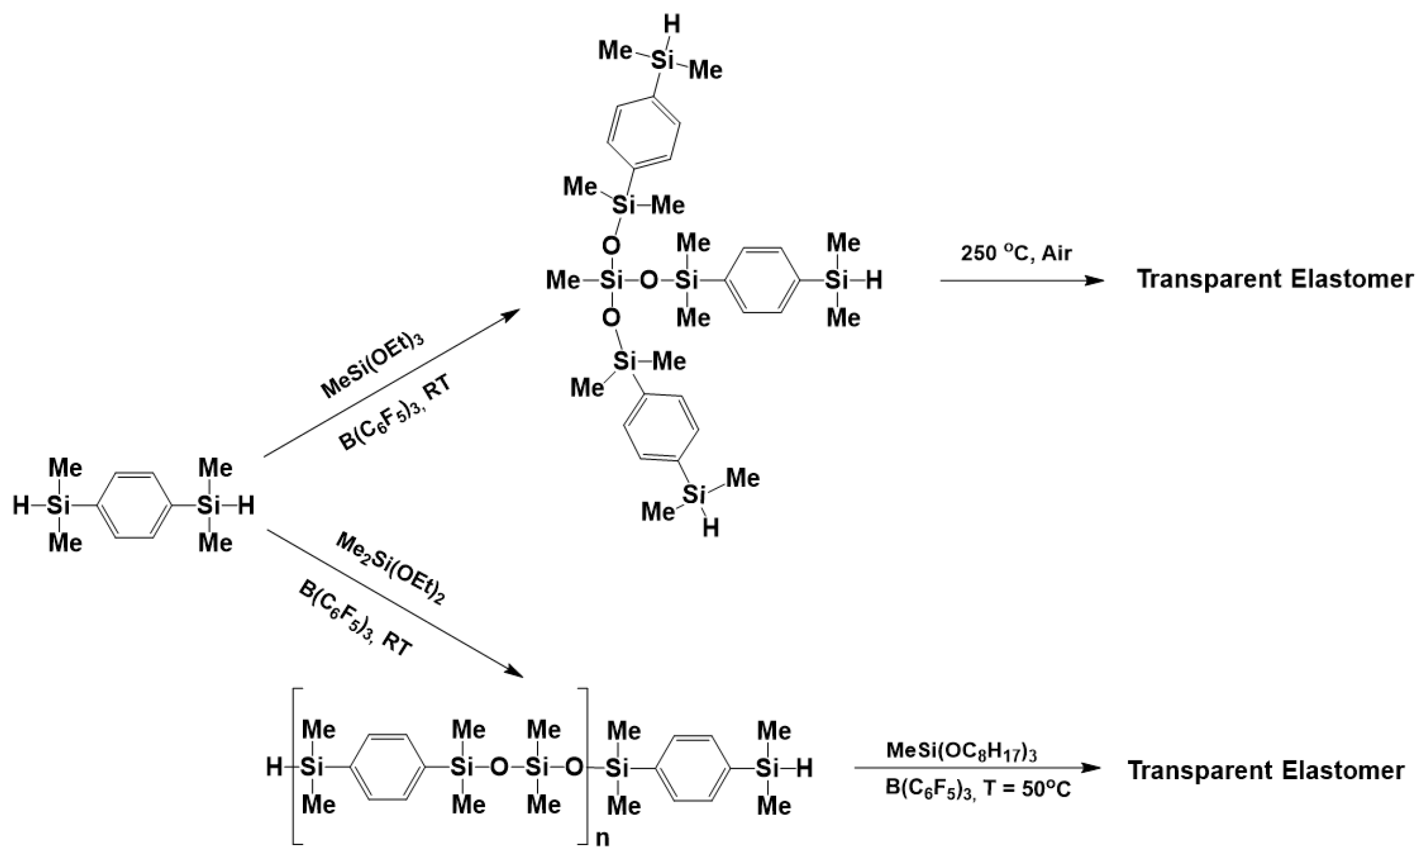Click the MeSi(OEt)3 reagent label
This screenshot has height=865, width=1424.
pyautogui.click(x=372, y=365)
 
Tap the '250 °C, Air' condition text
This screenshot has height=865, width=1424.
pyautogui.click(x=1016, y=253)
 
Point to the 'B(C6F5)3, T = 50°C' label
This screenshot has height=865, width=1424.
pyautogui.click(x=978, y=789)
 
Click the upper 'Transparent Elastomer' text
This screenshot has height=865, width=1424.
pyautogui.click(x=1275, y=279)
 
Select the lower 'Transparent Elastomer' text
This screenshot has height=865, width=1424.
pyautogui.click(x=1266, y=770)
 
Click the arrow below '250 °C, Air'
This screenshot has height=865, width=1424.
pyautogui.click(x=1021, y=281)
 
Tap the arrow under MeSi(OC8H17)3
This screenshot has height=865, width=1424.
pyautogui.click(x=978, y=768)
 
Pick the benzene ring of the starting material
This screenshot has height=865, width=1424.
pyautogui.click(x=134, y=505)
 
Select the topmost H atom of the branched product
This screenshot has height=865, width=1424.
pyautogui.click(x=672, y=25)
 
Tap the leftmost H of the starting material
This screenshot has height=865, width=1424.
pyautogui.click(x=21, y=505)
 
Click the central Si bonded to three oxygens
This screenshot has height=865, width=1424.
pyautogui.click(x=611, y=281)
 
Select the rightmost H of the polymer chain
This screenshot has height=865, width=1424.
pyautogui.click(x=804, y=768)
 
